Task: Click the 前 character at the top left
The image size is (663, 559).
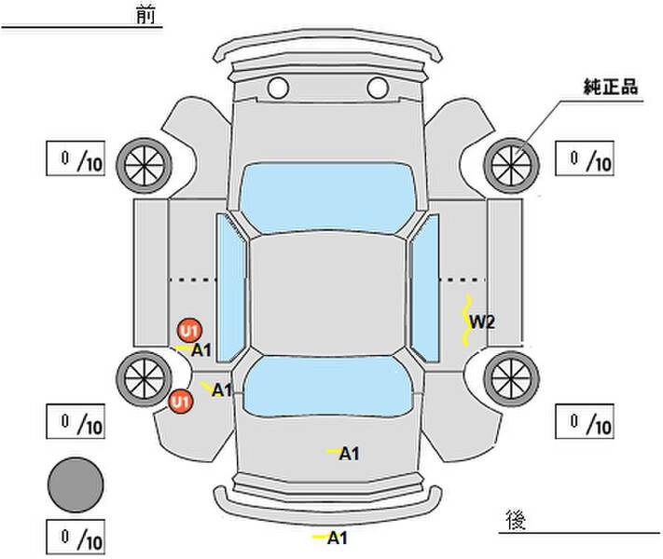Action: (145, 15)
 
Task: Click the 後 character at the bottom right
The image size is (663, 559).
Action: (516, 519)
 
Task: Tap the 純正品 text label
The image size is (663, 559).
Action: (611, 87)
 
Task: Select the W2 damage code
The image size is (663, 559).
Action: (482, 322)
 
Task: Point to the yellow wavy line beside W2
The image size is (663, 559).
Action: (466, 320)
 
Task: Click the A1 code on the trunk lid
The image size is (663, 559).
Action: (350, 454)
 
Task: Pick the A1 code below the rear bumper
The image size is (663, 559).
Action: (338, 539)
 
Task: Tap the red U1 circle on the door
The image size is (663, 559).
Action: (189, 331)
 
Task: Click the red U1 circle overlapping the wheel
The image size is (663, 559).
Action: (181, 401)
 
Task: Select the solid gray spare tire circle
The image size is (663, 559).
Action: (76, 484)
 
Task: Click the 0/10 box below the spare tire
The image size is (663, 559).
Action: (76, 537)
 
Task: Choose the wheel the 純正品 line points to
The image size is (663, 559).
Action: (511, 165)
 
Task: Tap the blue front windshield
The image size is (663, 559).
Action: (327, 198)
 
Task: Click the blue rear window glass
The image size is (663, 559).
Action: (328, 387)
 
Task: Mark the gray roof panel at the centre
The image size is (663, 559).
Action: (328, 294)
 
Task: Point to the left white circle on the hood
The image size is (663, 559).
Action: (278, 88)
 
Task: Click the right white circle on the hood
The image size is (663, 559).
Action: (378, 88)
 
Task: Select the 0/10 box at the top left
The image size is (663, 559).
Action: (76, 158)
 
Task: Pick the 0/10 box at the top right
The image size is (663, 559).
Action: (585, 158)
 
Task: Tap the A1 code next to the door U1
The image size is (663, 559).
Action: (201, 350)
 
